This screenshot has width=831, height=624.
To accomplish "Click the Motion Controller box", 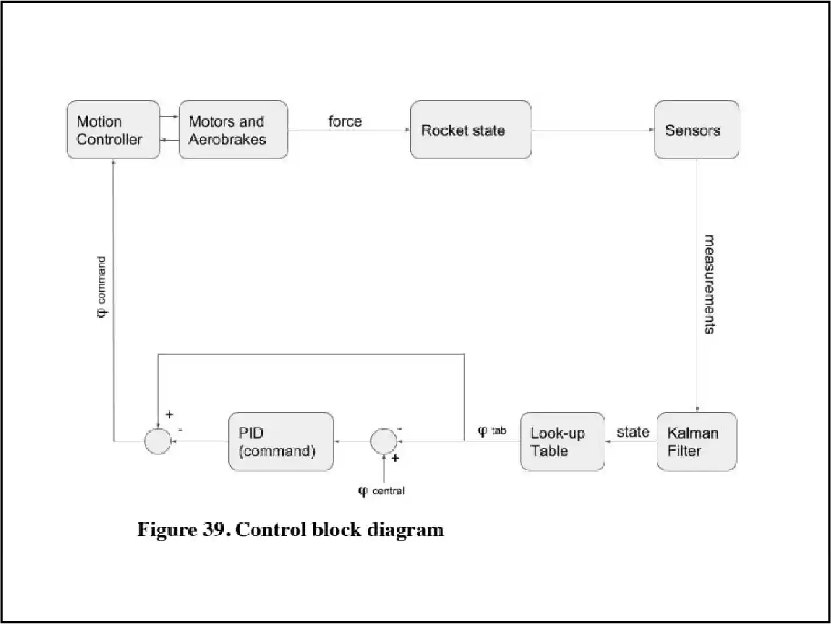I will coord(113,130).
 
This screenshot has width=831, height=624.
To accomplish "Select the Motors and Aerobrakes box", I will coord(233,130).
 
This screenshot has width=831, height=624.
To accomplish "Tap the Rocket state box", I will coord(470,130).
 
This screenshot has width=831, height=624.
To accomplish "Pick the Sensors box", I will coord(696,130).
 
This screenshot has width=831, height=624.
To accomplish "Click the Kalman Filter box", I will coord(696,441).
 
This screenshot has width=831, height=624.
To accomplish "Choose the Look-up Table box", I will coord(562,441).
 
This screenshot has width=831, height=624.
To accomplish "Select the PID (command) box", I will coord(281,441).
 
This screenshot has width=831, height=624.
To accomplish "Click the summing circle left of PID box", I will coord(158,441).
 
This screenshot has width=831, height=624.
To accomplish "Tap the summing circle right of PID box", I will coord(383,441).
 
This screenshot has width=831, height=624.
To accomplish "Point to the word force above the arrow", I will coord(345,121).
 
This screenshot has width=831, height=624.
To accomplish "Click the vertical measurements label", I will coord(709,284).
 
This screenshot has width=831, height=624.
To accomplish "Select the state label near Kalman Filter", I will coord(633,432).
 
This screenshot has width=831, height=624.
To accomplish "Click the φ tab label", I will coord(492,431).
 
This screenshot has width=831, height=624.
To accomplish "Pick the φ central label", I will coord(382,491).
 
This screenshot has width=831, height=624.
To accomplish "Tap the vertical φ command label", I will coord(102,287).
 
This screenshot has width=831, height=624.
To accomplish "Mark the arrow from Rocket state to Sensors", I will coord(592,130).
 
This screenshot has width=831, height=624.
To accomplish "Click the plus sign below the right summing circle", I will coord(396,458).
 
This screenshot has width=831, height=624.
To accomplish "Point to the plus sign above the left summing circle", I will coord(169,414).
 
